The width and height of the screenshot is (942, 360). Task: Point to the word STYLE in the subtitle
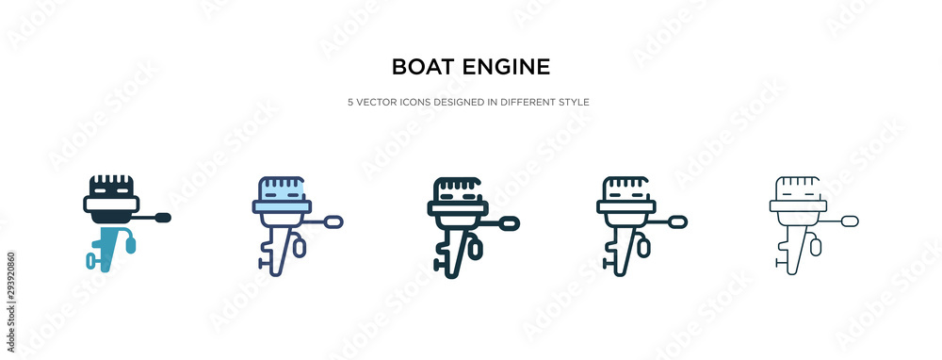coord(573,101)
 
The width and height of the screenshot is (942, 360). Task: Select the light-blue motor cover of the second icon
coord(282,193)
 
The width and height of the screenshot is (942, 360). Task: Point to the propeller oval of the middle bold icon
coord(476,249)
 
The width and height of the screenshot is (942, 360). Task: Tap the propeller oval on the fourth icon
coord(644,248)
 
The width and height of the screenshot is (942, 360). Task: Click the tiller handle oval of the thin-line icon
coord(851,222)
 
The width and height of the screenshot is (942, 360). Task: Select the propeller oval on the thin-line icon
coord(816,248)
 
